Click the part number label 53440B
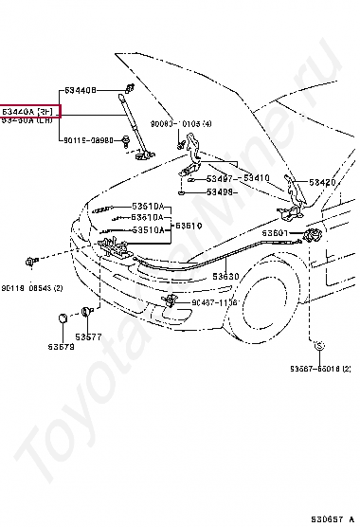[x=81, y=90]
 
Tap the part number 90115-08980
[x=89, y=139]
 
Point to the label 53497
[x=219, y=177]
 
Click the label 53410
[x=257, y=177]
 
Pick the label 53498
[x=224, y=191]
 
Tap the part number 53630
[x=225, y=277]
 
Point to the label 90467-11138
[x=217, y=303]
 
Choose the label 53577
[x=89, y=336]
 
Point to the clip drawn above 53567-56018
[x=320, y=346]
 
